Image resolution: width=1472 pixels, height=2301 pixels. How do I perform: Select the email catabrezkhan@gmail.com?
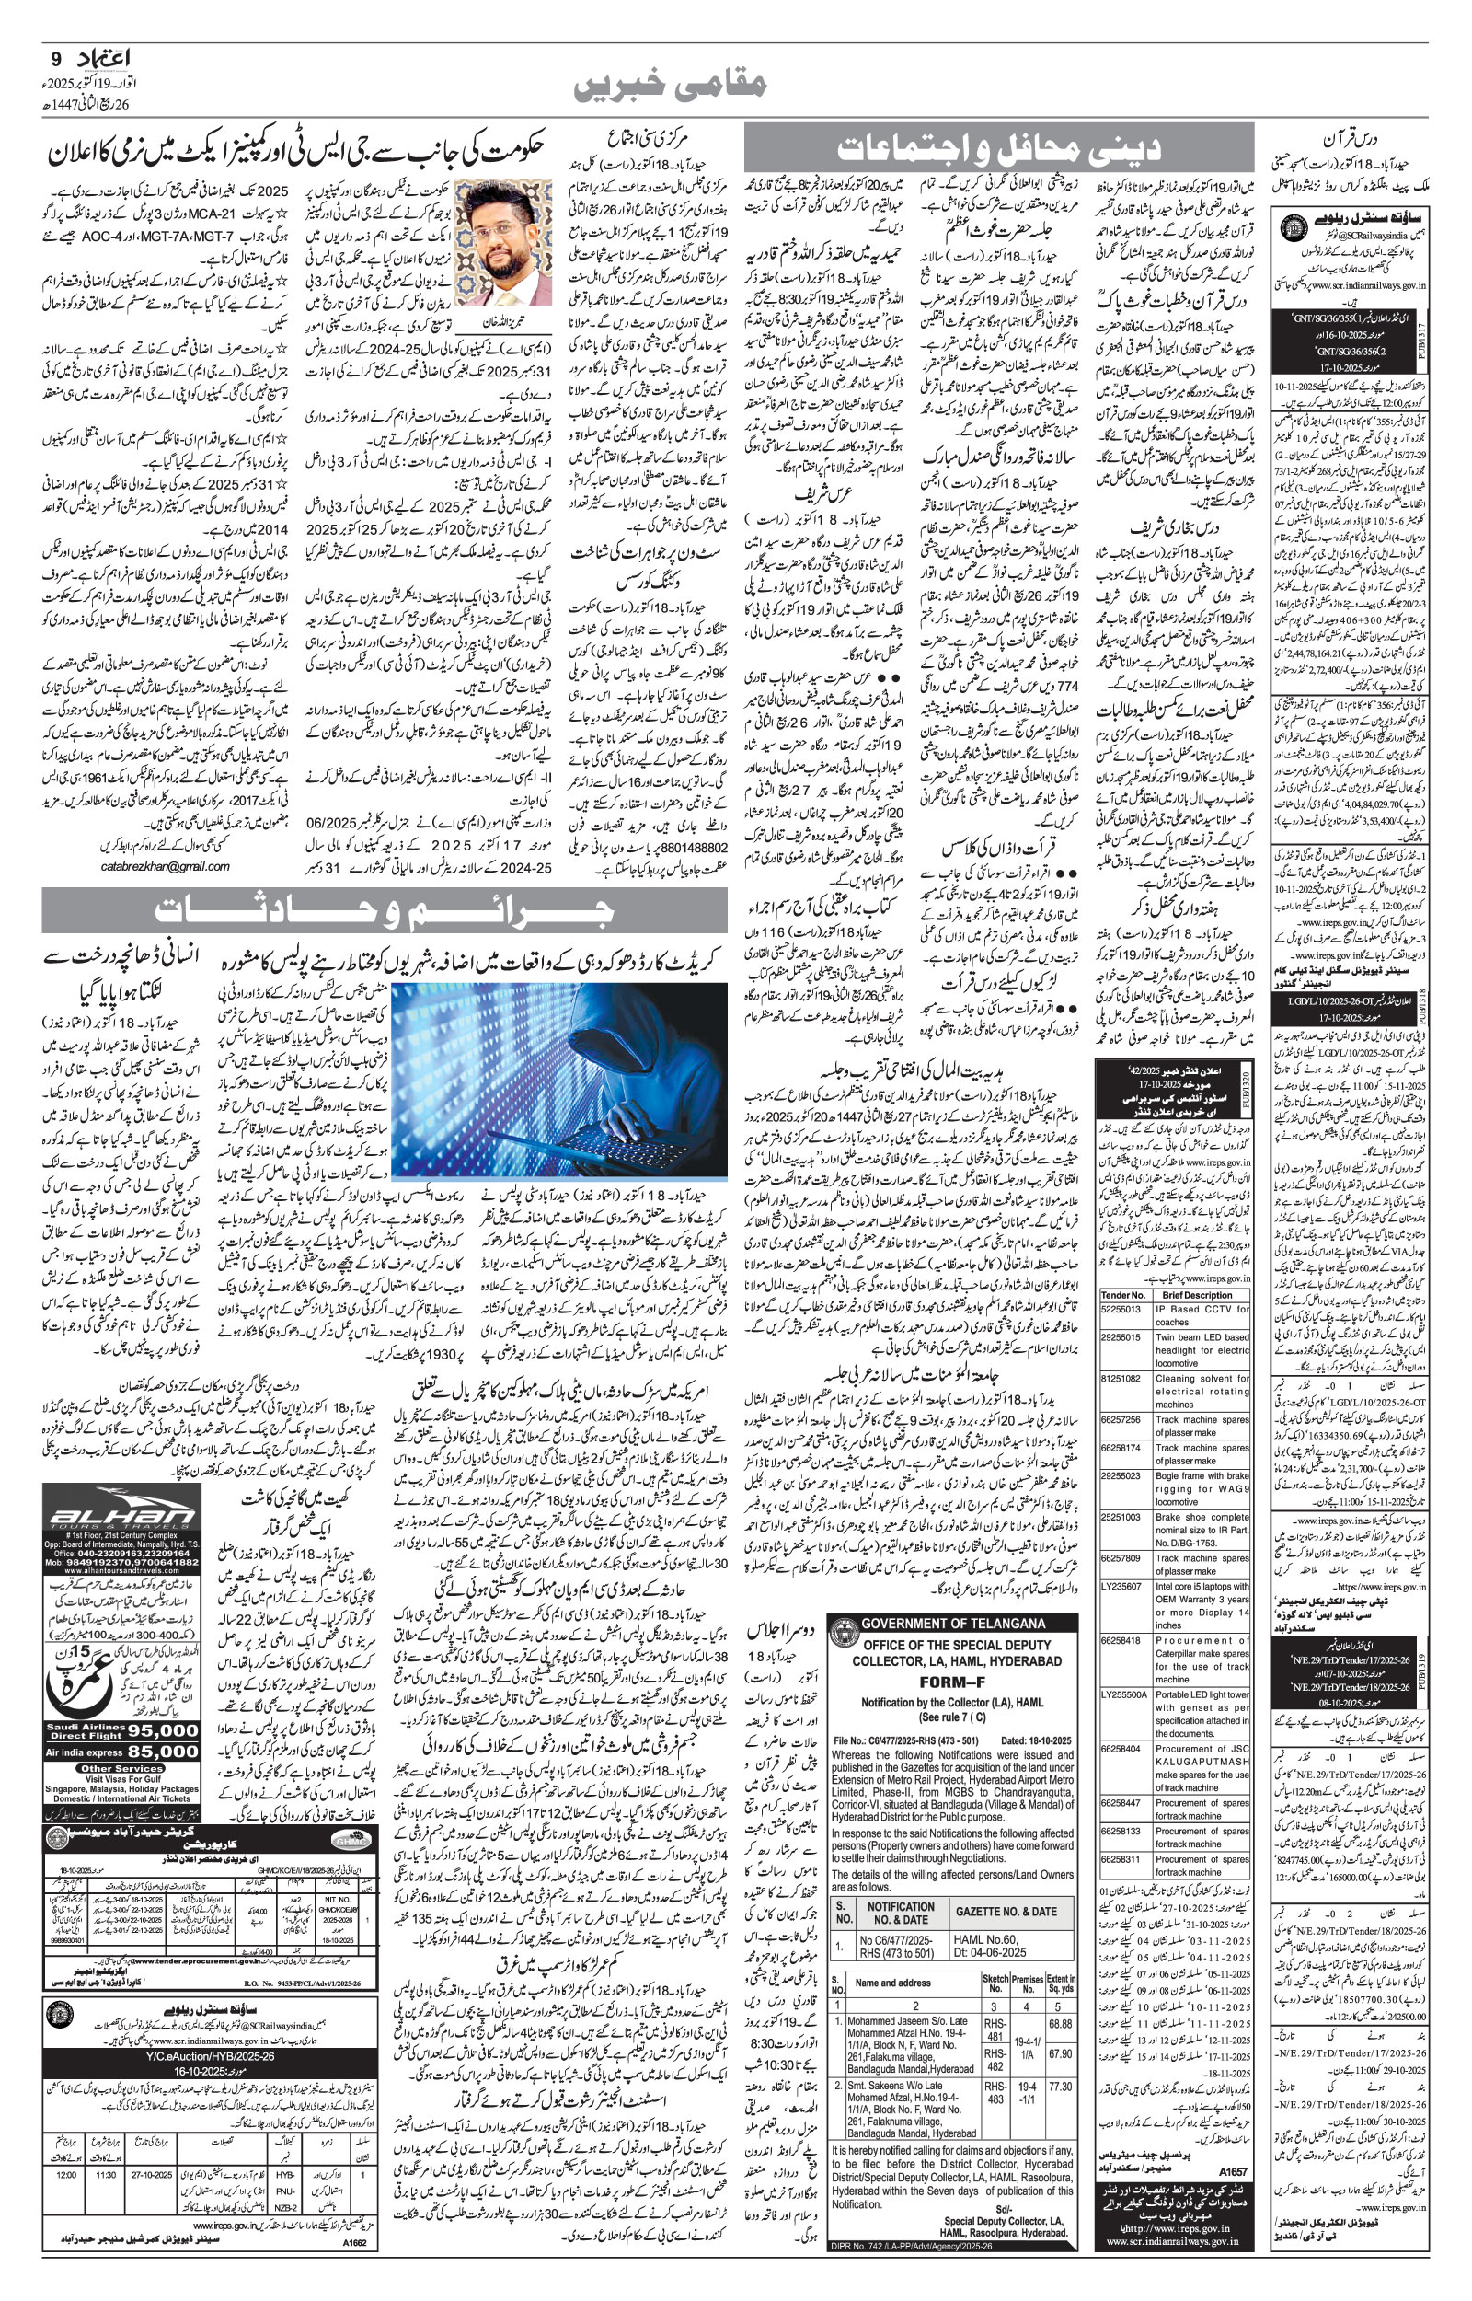pyautogui.click(x=165, y=866)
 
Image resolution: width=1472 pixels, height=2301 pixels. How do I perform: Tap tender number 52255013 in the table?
pyautogui.click(x=1122, y=1309)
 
